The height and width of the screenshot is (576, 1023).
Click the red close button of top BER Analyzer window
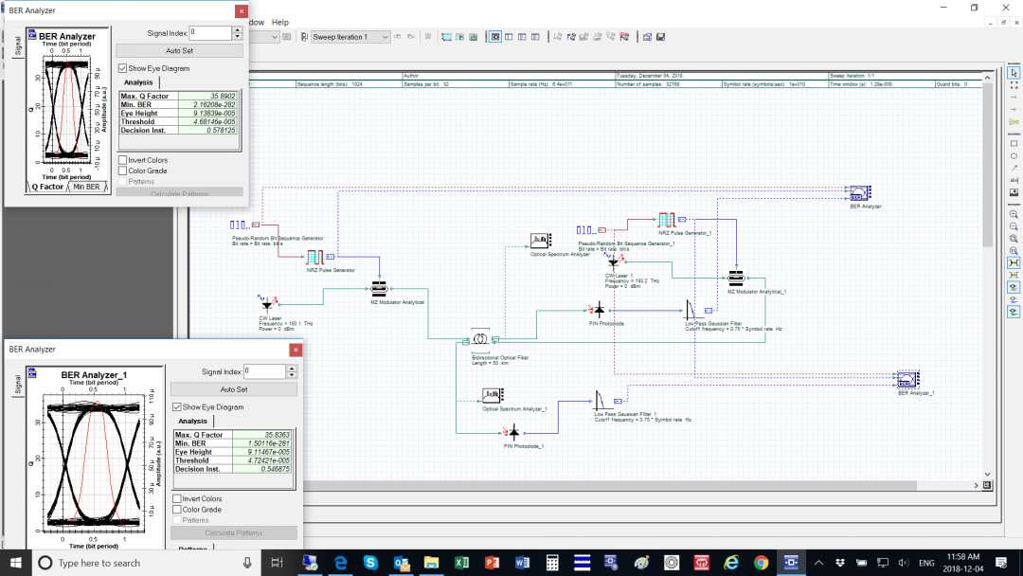point(241,10)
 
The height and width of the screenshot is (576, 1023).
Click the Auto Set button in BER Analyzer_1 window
point(234,389)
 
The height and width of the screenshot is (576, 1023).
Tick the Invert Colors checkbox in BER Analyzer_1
point(177,498)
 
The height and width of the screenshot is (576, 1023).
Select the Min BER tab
point(86,187)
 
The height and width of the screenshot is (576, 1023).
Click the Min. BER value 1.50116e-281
point(269,443)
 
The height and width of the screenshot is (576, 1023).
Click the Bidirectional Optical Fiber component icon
point(480,339)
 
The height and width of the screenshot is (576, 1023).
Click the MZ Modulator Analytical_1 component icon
point(735,279)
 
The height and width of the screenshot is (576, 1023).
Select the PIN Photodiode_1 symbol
point(513,432)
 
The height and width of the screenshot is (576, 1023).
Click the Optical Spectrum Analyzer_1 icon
point(493,395)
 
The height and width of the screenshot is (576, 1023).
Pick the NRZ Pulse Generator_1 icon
point(666,220)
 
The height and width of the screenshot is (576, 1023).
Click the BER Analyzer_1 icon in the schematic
point(907,380)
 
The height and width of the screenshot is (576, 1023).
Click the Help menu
point(279,22)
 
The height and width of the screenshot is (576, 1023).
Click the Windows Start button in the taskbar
point(16,563)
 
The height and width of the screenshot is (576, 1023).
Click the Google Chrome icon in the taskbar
point(761,563)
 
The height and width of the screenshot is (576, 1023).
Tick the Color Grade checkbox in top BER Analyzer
point(123,171)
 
